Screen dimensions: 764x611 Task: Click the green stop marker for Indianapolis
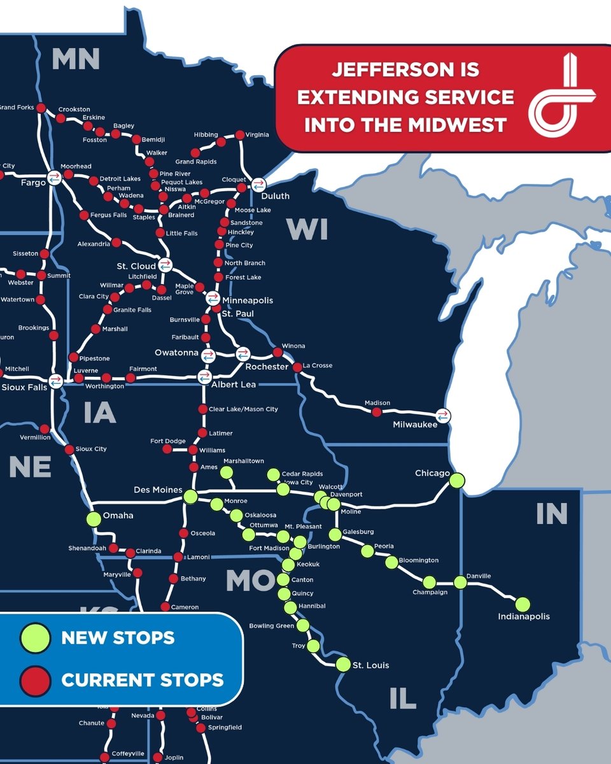[523, 604]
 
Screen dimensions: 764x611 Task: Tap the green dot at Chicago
[456, 481]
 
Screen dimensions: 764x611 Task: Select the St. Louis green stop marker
[343, 664]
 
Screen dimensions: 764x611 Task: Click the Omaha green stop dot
[94, 519]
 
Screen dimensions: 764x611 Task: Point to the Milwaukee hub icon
[444, 414]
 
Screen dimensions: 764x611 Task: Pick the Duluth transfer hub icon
[258, 185]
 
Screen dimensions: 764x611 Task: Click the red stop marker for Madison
[376, 412]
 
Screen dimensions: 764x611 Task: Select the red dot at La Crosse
[297, 367]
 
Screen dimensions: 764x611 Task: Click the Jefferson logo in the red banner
[561, 96]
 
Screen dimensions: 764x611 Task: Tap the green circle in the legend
[35, 637]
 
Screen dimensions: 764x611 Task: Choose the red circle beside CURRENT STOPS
[35, 679]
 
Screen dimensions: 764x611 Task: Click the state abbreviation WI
[307, 229]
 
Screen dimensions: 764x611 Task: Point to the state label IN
[551, 514]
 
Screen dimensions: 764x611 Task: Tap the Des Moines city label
[157, 490]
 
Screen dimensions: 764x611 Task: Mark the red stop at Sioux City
[69, 449]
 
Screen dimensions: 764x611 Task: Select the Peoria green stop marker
[367, 551]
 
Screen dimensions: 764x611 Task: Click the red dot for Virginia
[240, 134]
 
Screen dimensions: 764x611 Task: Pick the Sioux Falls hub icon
[55, 381]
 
